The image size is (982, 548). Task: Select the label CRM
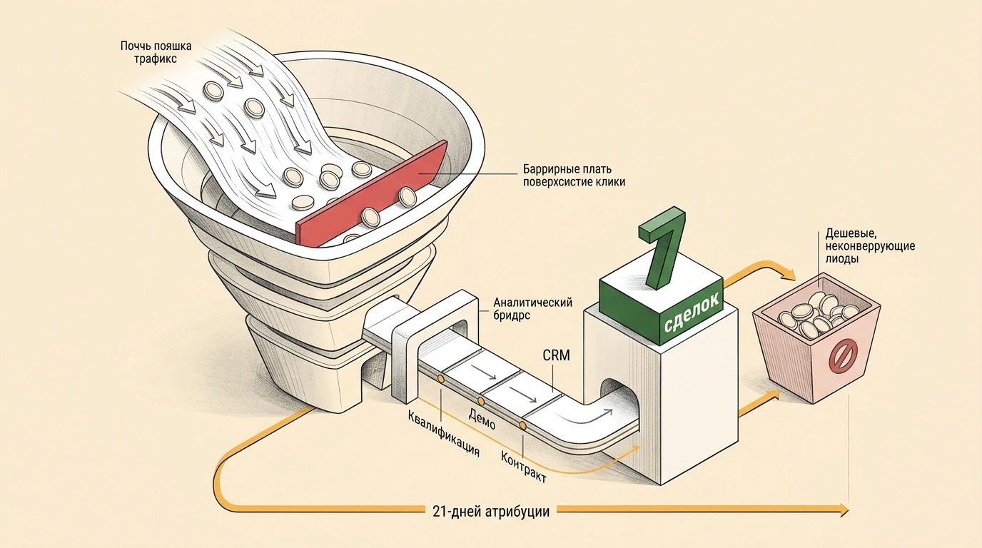557,355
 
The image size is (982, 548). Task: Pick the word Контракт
524,467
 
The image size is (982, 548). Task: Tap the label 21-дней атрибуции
490,511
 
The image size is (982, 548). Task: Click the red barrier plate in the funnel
372,196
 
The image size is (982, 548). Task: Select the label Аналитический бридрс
532,309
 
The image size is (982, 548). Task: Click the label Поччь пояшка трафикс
156,52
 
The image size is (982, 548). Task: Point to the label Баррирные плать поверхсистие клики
574,175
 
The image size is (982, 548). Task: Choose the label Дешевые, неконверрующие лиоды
870,245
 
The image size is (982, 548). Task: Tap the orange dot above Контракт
522,425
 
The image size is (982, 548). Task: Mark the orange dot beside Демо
481,401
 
